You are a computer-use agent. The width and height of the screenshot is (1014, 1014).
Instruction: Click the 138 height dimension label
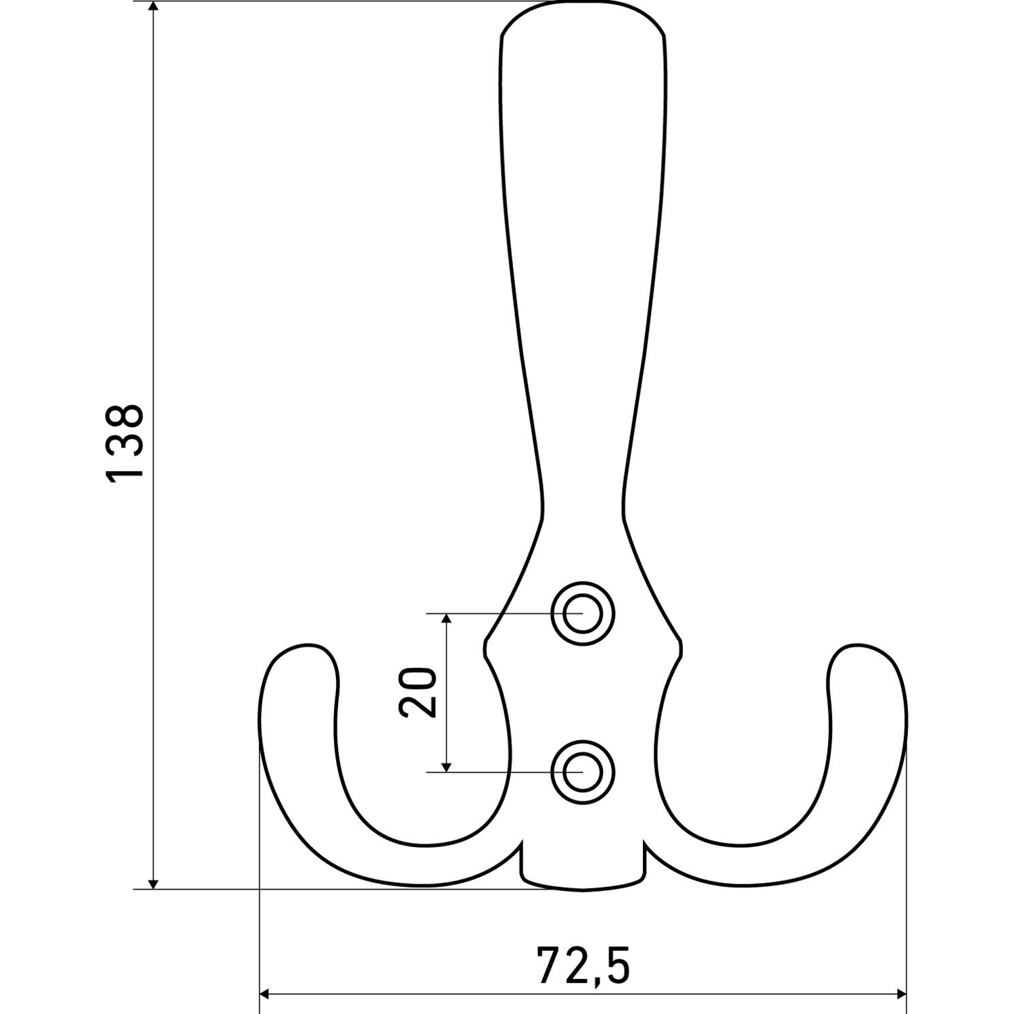point(124,443)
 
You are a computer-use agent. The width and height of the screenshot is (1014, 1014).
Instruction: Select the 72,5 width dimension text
point(583,965)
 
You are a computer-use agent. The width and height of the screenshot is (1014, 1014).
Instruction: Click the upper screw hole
point(583,614)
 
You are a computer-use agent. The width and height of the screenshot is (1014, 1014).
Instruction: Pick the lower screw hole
point(583,771)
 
